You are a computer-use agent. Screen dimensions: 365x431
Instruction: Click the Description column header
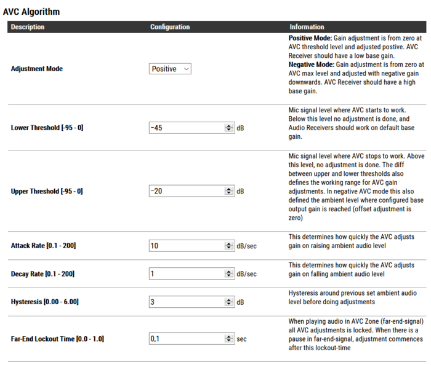(x=28, y=27)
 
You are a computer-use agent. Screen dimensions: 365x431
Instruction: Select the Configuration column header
(x=170, y=27)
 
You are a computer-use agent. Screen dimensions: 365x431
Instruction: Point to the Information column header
(x=307, y=27)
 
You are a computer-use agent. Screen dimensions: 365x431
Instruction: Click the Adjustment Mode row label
(x=37, y=69)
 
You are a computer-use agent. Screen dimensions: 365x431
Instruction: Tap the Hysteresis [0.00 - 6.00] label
(x=45, y=302)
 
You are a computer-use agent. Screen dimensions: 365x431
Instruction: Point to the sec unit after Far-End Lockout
(x=241, y=339)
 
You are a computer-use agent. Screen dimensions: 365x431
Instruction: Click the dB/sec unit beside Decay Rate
(x=246, y=273)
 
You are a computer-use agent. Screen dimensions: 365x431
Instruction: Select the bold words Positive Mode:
(x=310, y=38)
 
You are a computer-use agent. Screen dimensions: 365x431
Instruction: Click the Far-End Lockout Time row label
(x=57, y=339)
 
